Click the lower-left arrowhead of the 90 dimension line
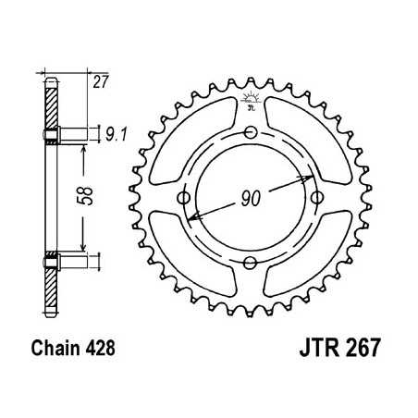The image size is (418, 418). coord(191,217)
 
